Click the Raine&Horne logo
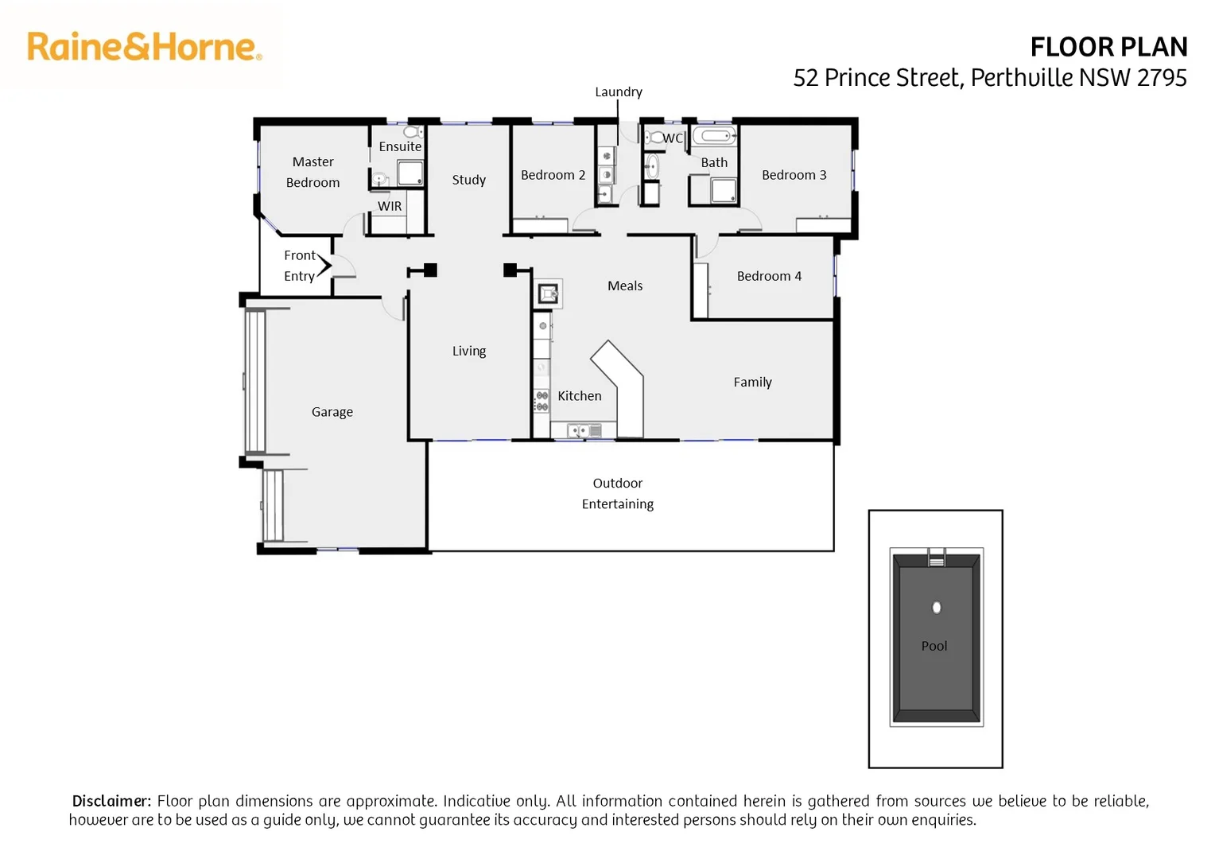point(144,47)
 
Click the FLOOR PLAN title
point(1108,48)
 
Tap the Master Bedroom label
point(312,172)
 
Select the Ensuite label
point(400,146)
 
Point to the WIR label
point(390,206)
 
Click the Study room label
point(469,180)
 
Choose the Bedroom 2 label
point(553,175)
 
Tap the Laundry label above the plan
point(619,91)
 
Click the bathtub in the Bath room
point(715,136)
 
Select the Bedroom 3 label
point(794,175)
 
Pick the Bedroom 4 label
point(769,276)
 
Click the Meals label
point(625,286)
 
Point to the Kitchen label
point(580,395)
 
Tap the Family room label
point(752,382)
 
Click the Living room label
point(469,351)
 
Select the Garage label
point(332,412)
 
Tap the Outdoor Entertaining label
point(618,493)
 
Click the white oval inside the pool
point(937,608)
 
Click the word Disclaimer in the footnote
point(111,801)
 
